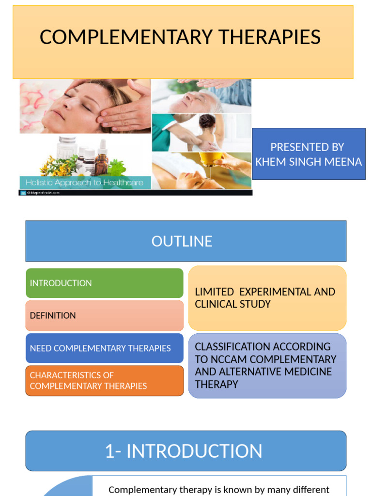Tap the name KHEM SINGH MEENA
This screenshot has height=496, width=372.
[309, 162]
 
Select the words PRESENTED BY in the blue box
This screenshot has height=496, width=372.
[307, 147]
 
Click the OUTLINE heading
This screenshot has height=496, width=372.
[182, 241]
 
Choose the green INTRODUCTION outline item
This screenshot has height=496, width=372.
[61, 283]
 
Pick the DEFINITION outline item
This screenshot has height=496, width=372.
[53, 315]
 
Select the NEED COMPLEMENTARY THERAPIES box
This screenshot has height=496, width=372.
[100, 348]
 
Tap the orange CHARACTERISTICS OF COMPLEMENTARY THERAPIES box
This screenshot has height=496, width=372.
[88, 380]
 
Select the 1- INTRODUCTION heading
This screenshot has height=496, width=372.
[184, 451]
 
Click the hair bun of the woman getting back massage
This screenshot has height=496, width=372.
[207, 121]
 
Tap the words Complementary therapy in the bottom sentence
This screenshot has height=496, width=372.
[155, 490]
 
